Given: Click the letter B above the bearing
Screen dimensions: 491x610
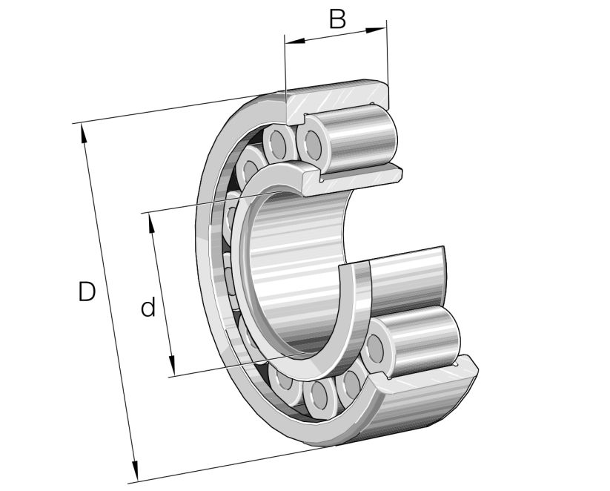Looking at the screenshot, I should pyautogui.click(x=337, y=19).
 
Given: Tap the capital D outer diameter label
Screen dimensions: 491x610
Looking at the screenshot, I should pyautogui.click(x=87, y=292).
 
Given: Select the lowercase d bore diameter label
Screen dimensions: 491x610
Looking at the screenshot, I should pyautogui.click(x=148, y=307).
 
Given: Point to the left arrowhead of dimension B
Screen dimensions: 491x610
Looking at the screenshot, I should pyautogui.click(x=291, y=41).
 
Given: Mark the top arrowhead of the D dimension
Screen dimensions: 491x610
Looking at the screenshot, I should pyautogui.click(x=83, y=131).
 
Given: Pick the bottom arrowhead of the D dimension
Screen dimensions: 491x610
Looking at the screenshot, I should pyautogui.click(x=135, y=472).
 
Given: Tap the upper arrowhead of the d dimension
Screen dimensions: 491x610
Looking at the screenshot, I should pyautogui.click(x=151, y=220).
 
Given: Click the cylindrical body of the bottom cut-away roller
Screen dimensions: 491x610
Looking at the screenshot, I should pyautogui.click(x=422, y=341).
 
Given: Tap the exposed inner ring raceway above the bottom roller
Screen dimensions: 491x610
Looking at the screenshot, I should pyautogui.click(x=408, y=278).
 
